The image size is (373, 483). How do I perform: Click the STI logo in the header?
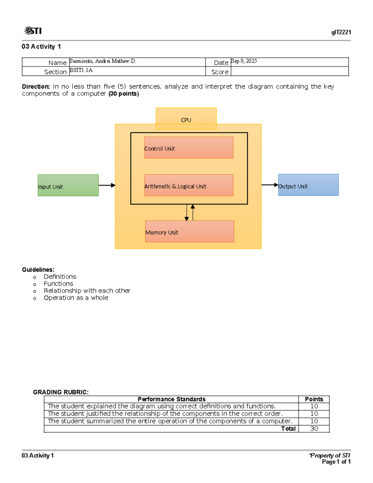33,31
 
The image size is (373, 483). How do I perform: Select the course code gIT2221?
341,32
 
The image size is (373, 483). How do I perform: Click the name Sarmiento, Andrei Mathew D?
103,61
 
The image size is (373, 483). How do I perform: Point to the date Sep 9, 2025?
244,61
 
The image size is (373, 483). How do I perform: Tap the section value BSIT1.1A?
81,70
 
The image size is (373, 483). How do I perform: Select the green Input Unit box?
68,185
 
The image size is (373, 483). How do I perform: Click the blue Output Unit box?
308,185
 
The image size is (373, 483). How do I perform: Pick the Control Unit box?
189,148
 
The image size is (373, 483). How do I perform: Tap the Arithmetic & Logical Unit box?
189,185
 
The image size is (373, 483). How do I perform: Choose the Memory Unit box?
190,231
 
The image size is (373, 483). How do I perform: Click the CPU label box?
186,118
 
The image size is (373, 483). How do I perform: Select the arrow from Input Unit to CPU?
107,185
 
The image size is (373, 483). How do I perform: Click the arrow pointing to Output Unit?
269,185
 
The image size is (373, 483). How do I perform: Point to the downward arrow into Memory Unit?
186,213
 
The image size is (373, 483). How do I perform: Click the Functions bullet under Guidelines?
58,284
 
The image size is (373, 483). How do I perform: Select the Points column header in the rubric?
314,399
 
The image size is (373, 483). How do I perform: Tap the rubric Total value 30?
314,429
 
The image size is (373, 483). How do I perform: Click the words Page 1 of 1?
336,462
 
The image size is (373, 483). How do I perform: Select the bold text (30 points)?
124,94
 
